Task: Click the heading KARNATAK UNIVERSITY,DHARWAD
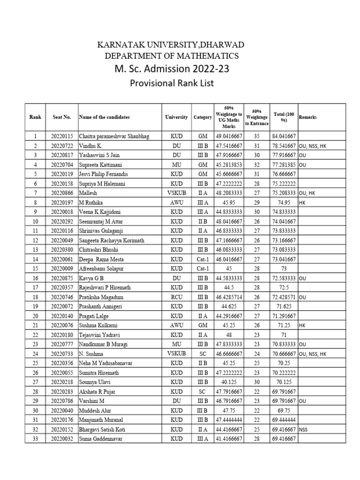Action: pos(171,45)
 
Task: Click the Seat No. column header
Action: pos(61,117)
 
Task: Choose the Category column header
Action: pos(202,117)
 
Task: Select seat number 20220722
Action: pos(61,146)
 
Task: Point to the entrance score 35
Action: pos(256,136)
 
